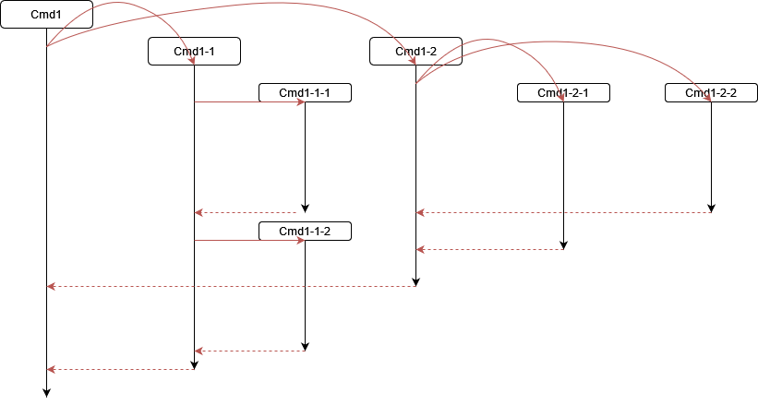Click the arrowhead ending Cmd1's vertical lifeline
point(46,393)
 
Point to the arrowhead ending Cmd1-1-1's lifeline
point(305,208)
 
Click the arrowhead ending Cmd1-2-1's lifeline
point(563,245)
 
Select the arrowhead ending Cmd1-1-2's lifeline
point(305,347)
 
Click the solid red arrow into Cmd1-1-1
point(249,102)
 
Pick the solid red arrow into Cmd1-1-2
point(249,241)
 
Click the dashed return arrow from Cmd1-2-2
point(563,213)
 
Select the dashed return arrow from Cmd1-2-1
point(489,249)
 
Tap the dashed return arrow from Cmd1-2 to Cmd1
point(231,287)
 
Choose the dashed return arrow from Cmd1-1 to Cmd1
point(120,370)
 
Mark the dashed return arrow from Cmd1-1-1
point(249,213)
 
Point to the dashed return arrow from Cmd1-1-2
point(249,351)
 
